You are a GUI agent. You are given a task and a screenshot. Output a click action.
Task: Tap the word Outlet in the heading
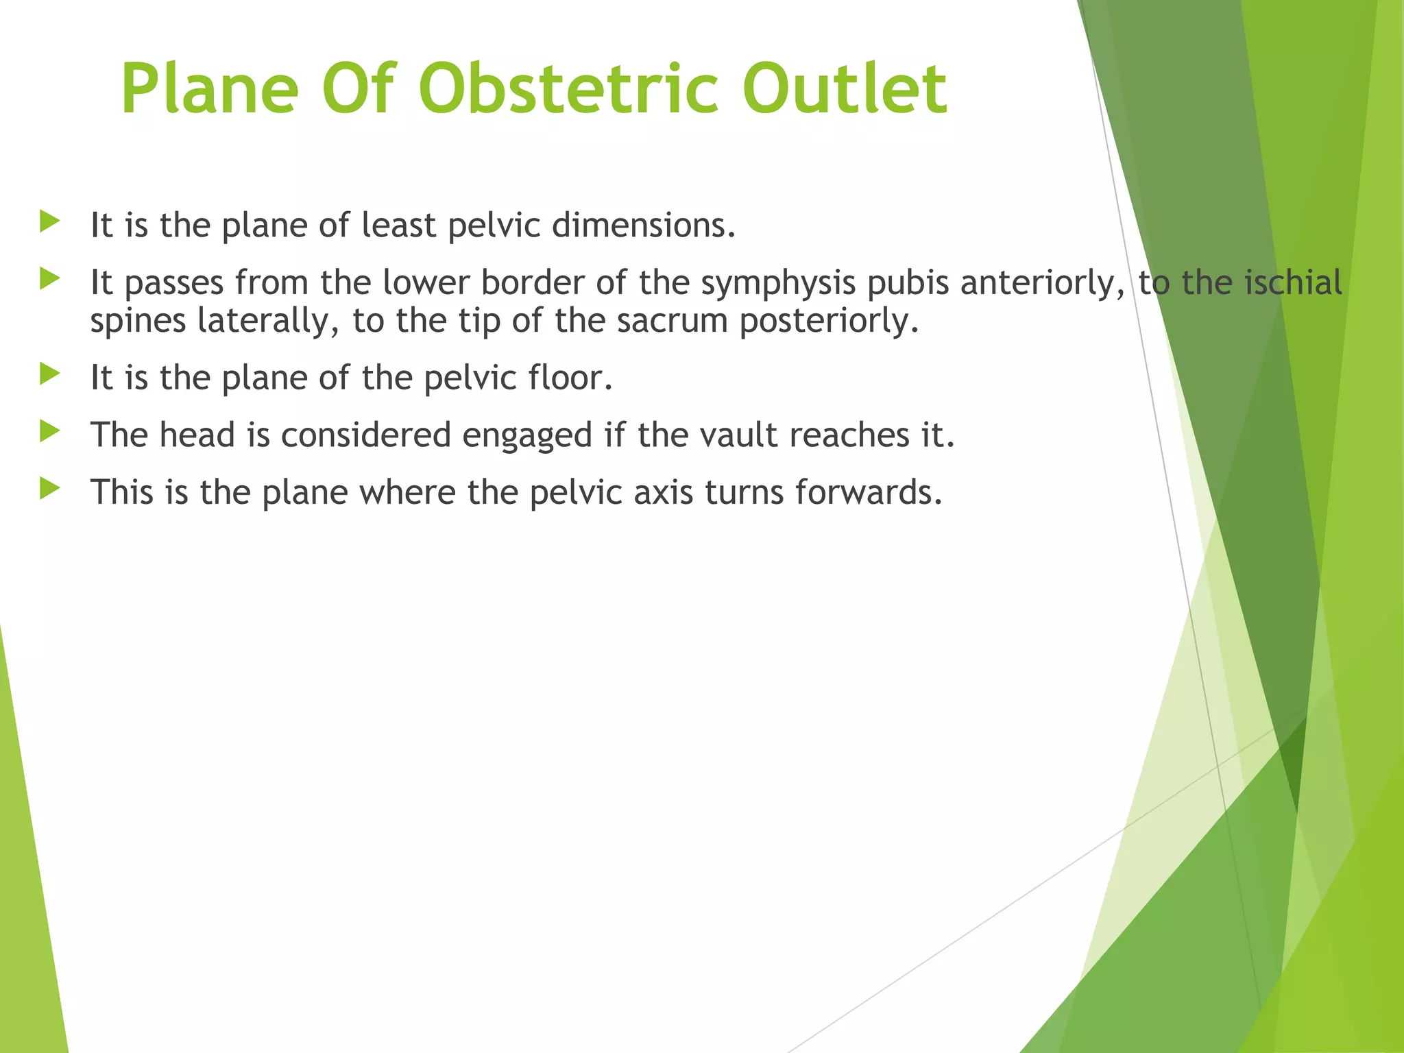[x=845, y=90]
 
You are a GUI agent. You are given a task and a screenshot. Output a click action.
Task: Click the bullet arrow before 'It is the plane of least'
[x=49, y=221]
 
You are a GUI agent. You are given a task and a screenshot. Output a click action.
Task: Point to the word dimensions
[x=644, y=225]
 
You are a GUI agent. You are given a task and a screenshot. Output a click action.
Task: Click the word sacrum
[x=671, y=321]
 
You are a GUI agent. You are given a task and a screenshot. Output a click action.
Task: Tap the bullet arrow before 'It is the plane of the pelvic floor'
[x=49, y=374]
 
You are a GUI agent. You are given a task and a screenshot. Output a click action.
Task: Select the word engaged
[x=526, y=436]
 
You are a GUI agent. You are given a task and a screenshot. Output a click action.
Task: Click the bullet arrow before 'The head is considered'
[x=49, y=431]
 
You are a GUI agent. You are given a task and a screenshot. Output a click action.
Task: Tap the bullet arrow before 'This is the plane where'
[x=49, y=489]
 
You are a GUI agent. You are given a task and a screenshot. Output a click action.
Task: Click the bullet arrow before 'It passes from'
[x=49, y=279]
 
